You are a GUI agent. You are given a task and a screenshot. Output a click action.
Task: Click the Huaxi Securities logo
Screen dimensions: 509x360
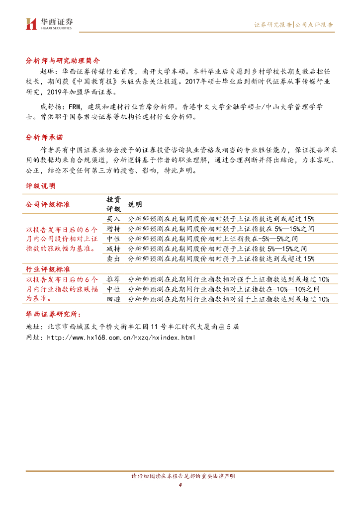click(49, 23)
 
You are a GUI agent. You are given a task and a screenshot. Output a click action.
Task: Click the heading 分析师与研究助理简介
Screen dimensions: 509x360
click(63, 60)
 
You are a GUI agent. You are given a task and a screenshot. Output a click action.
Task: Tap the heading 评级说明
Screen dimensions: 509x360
click(41, 186)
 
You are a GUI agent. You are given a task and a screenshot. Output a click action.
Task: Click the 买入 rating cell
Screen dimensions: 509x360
click(113, 219)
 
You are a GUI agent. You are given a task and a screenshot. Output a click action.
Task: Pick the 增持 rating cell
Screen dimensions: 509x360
click(113, 229)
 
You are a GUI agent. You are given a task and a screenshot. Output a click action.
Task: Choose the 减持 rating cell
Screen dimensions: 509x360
click(113, 249)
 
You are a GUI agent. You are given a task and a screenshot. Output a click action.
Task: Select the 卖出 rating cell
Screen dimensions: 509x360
click(113, 258)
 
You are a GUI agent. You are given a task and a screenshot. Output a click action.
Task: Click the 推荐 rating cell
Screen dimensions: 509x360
click(113, 279)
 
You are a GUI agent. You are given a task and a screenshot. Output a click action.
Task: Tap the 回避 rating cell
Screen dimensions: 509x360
click(113, 299)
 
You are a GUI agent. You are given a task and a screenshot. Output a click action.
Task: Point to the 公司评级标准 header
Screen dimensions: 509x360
click(48, 204)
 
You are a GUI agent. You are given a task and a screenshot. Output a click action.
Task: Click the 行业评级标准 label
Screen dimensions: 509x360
click(48, 269)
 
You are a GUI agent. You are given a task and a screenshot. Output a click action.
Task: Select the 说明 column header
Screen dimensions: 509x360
click(135, 204)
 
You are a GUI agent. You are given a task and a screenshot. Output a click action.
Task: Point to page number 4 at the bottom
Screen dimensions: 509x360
click(180, 485)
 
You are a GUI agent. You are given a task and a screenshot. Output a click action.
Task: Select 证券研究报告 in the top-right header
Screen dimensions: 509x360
click(273, 24)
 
